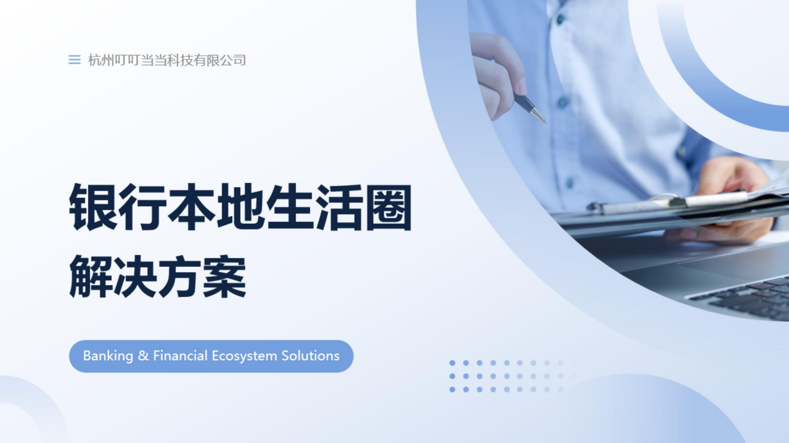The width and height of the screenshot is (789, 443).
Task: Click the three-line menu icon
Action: (x=74, y=60)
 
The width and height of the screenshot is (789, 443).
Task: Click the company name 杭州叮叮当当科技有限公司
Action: (x=167, y=60)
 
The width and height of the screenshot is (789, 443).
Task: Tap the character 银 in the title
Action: (x=93, y=207)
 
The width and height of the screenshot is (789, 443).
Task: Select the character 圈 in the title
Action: (x=389, y=207)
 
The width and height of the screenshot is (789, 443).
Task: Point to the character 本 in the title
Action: (x=192, y=207)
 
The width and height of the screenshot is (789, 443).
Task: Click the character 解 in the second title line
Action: (x=91, y=276)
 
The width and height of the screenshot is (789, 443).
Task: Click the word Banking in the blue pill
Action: (x=108, y=356)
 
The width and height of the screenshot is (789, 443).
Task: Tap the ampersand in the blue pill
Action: (x=143, y=356)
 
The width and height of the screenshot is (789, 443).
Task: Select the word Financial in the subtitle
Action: (x=180, y=356)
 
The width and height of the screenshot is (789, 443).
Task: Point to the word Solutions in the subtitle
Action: (x=310, y=356)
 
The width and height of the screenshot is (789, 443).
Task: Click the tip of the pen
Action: (x=546, y=122)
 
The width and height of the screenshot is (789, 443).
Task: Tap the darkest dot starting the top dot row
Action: (x=452, y=363)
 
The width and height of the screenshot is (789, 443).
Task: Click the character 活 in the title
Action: (x=339, y=207)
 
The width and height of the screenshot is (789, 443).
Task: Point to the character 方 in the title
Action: (x=179, y=276)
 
